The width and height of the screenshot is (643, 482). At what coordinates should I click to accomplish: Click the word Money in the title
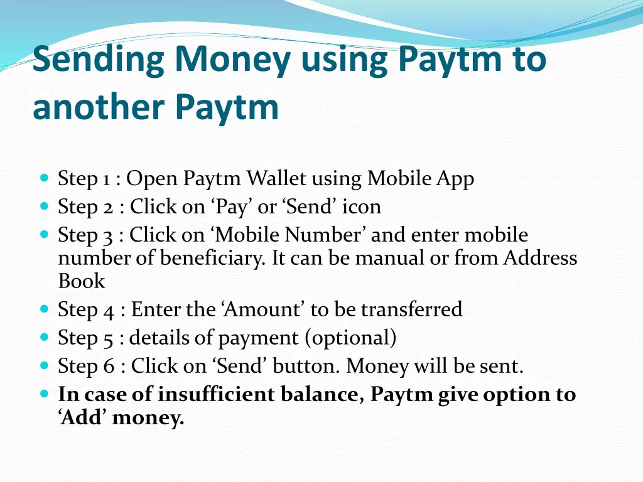[233, 60]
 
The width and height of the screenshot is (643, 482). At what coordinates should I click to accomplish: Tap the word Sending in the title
[99, 62]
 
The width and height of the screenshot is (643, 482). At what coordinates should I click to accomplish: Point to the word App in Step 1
[455, 179]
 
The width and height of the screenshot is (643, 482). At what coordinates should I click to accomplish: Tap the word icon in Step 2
[362, 206]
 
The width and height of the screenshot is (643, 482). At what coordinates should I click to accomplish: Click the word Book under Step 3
[82, 281]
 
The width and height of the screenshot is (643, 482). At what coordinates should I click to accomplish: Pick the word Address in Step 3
[540, 258]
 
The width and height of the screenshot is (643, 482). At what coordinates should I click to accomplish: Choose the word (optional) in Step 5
[350, 338]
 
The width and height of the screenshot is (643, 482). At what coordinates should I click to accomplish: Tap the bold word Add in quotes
[85, 417]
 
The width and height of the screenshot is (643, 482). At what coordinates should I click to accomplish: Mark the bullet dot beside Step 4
[44, 309]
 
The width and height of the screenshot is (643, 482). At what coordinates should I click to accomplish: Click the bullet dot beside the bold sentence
[44, 395]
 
